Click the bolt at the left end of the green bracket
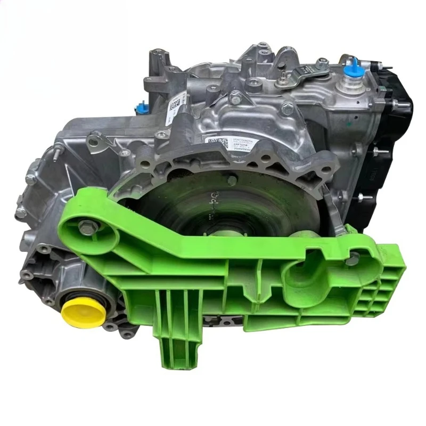(x=86, y=227)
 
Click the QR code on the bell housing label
(x=213, y=142)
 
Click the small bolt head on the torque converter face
(x=232, y=181)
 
